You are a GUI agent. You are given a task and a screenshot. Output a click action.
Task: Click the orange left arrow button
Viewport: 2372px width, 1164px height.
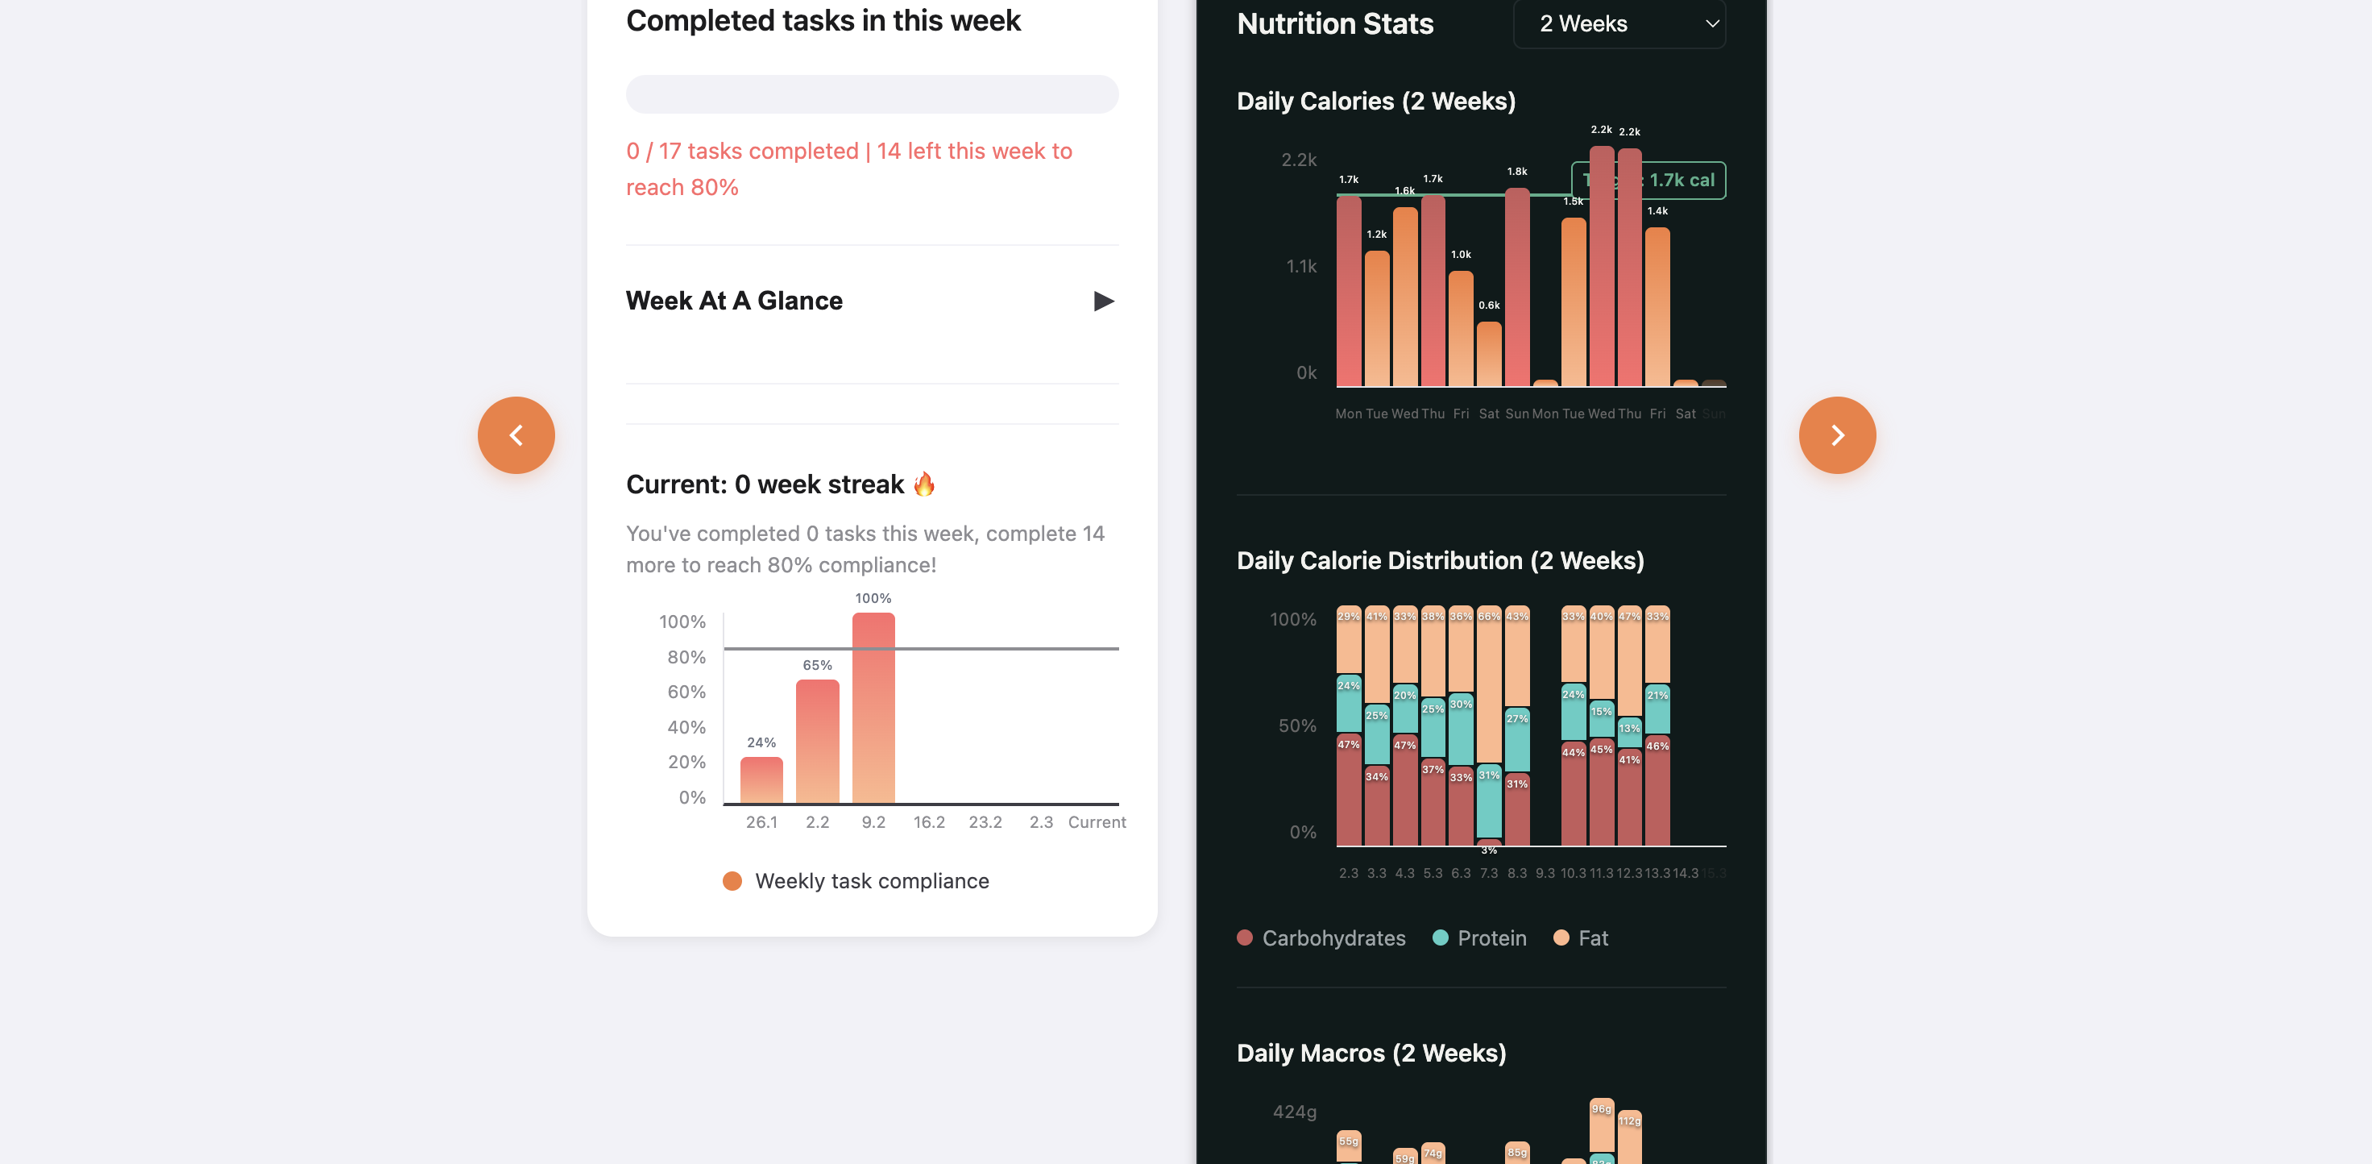(x=516, y=434)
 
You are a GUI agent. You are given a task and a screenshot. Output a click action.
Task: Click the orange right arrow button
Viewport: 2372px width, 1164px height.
(x=1836, y=434)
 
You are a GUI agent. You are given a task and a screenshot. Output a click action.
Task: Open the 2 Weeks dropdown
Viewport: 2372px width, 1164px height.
(x=1618, y=24)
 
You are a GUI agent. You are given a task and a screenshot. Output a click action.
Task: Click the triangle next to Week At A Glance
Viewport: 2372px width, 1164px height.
(x=1103, y=301)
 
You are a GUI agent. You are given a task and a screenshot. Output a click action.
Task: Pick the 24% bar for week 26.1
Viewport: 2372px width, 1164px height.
(x=761, y=780)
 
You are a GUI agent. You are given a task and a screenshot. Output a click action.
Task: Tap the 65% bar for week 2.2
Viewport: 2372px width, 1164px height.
(x=817, y=742)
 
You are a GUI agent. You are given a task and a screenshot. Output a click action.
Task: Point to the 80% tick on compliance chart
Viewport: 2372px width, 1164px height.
(x=686, y=657)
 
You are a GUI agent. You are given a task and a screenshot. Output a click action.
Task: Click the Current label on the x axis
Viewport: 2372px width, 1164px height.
(x=1096, y=822)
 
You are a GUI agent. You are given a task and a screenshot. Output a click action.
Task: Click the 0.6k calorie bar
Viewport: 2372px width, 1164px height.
(x=1488, y=354)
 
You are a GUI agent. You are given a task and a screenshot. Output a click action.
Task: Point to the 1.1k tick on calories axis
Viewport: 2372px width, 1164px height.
(x=1300, y=267)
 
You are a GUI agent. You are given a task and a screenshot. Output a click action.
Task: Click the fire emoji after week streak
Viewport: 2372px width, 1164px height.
(x=923, y=484)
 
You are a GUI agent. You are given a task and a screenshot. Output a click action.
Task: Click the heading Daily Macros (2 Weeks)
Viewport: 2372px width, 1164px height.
(x=1371, y=1053)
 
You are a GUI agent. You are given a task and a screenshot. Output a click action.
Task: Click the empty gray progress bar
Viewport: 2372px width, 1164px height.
(x=871, y=94)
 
